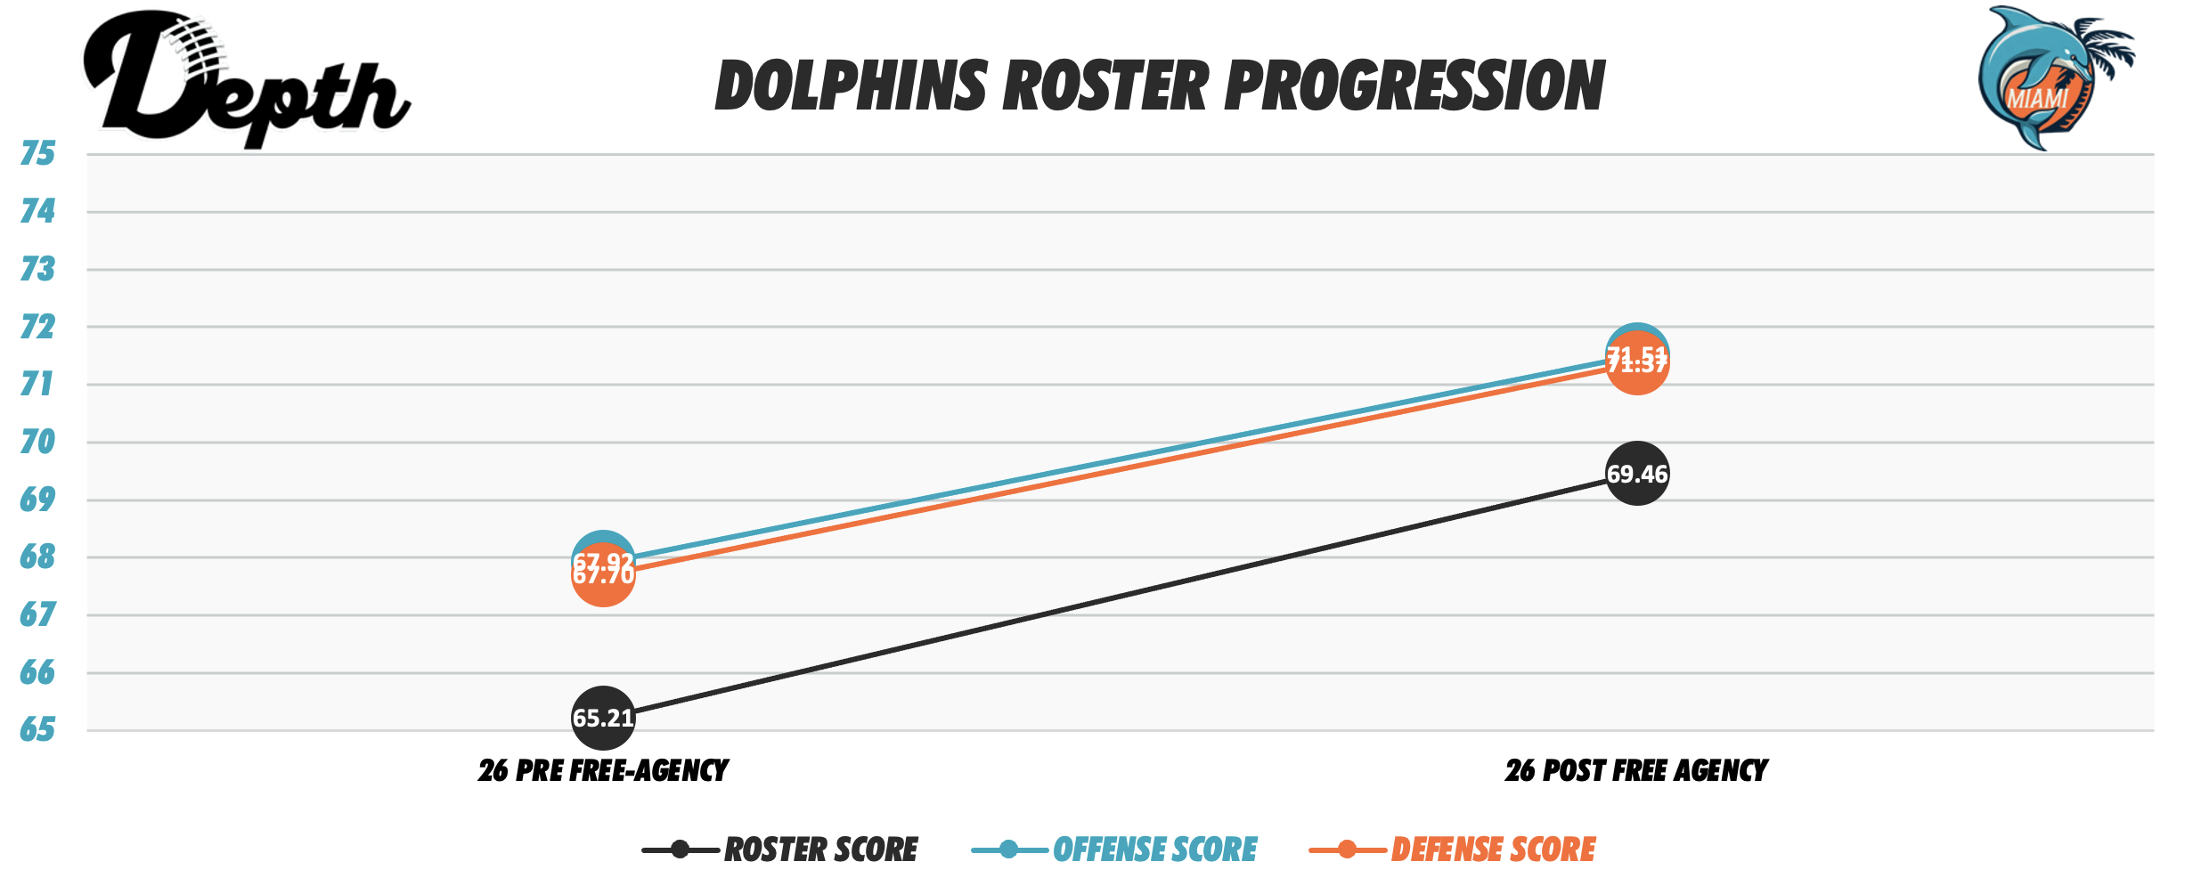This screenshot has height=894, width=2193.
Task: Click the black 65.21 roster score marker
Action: (603, 718)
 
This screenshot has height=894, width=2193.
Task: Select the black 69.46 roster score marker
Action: (1636, 474)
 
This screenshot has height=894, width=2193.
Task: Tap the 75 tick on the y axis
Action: (37, 154)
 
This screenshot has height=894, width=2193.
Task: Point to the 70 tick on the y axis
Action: (37, 442)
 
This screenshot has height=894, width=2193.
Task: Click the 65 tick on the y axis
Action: (37, 730)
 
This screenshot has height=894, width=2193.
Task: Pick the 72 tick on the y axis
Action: (37, 327)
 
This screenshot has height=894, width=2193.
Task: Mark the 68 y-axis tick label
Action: (37, 557)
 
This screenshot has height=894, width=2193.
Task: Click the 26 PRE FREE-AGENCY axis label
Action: (603, 770)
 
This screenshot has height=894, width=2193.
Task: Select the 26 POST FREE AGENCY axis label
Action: (1636, 770)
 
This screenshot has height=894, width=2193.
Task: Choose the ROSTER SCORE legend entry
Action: (820, 849)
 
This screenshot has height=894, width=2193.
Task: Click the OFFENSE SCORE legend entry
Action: (1154, 849)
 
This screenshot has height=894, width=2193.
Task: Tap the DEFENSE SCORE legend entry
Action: (1493, 849)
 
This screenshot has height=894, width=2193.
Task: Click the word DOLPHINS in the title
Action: (852, 86)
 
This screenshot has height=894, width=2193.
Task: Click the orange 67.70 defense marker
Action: (603, 583)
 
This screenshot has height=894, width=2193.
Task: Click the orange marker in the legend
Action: (1347, 849)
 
